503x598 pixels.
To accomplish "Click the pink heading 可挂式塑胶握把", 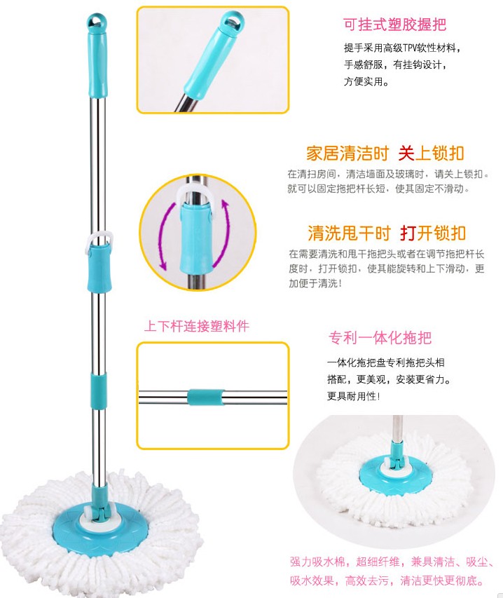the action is point(394,25).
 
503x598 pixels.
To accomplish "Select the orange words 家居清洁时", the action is point(347,154).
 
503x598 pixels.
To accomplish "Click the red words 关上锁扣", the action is point(431,154).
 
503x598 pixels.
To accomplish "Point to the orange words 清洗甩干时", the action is point(349,233).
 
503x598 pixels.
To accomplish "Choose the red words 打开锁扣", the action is point(433,233).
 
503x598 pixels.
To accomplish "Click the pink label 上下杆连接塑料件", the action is point(197,326).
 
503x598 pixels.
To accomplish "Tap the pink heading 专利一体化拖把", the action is point(380,337).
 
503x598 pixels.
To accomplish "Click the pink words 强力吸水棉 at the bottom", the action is point(317,562).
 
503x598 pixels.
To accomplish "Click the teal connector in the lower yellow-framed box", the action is point(206,397).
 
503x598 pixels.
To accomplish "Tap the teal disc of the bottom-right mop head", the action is point(397,471).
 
